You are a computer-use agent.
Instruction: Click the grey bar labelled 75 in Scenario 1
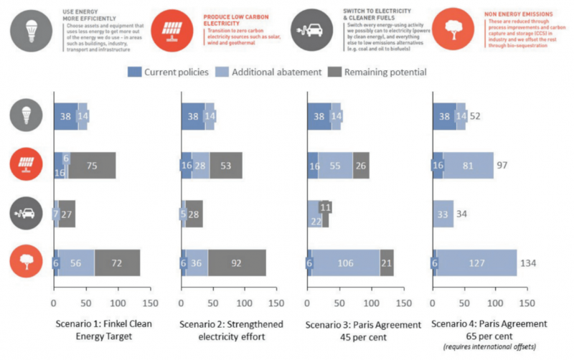pyautogui.click(x=93, y=165)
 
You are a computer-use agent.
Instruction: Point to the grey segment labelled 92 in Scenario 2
pyautogui.click(x=236, y=262)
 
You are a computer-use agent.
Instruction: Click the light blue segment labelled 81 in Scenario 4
pyautogui.click(x=469, y=165)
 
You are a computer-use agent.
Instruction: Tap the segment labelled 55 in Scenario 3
pyautogui.click(x=336, y=165)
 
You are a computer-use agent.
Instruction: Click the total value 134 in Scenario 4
pyautogui.click(x=528, y=262)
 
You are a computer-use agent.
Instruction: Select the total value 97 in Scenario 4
pyautogui.click(x=504, y=165)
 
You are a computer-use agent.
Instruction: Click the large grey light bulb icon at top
pyautogui.click(x=29, y=27)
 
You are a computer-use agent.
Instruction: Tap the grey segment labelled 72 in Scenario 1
pyautogui.click(x=117, y=262)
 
